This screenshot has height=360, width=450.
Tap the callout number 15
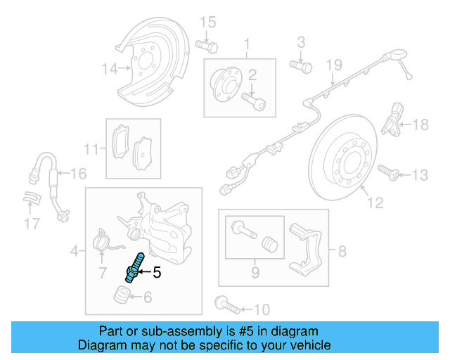pos(207,24)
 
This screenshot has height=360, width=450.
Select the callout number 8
pos(342,250)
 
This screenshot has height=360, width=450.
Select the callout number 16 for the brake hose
pos(78,173)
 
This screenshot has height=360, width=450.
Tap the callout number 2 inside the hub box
pos(251,75)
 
